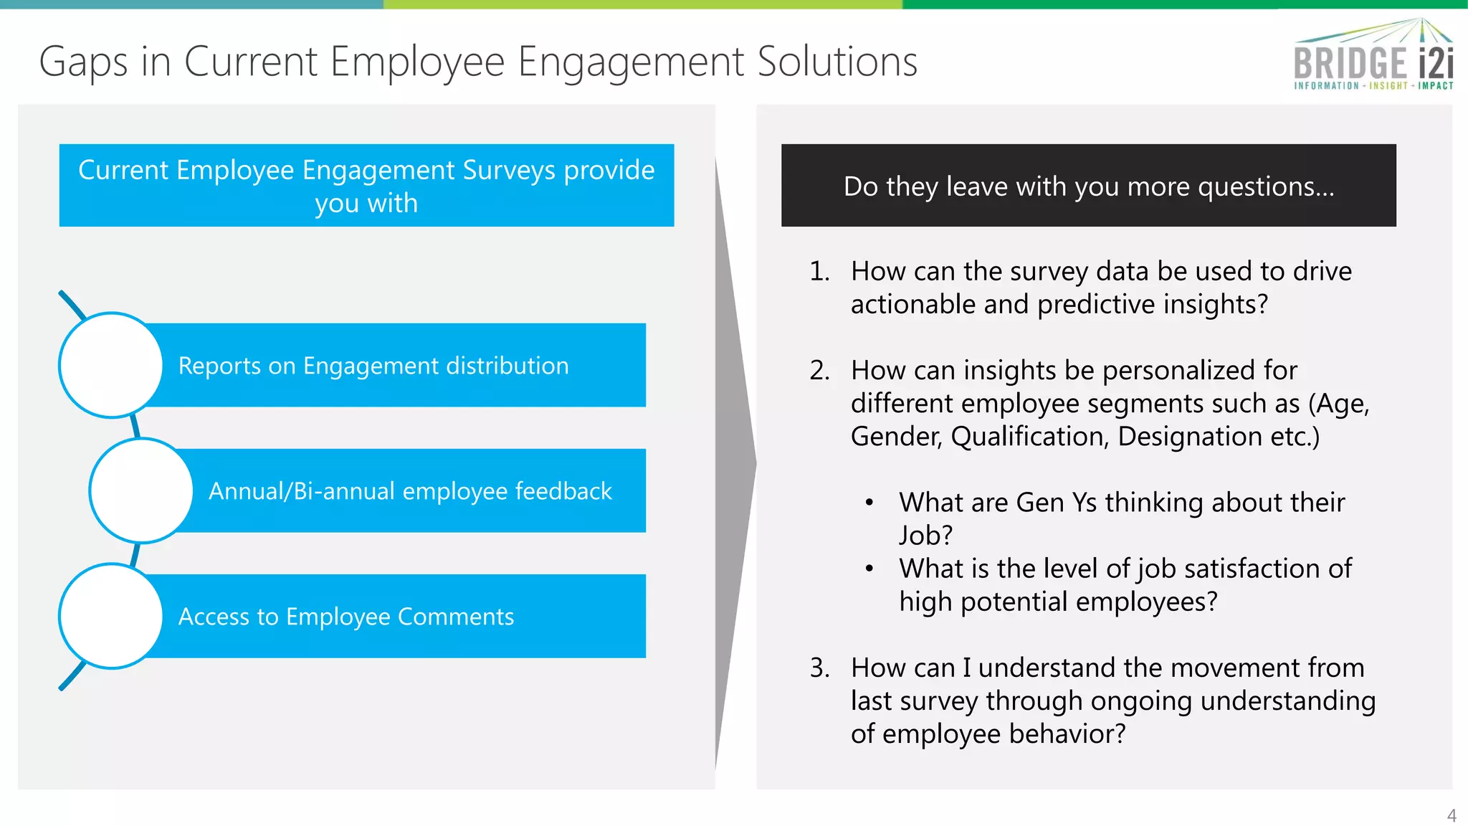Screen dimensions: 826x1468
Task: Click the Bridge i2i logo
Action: (1373, 56)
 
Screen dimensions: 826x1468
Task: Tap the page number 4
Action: (1452, 815)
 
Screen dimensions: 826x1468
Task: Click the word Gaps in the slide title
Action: (83, 62)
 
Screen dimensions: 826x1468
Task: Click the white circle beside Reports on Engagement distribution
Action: (111, 365)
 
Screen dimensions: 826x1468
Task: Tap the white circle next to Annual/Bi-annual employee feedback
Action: (141, 490)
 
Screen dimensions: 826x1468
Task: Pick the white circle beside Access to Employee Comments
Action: (111, 616)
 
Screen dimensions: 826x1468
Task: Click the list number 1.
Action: (819, 272)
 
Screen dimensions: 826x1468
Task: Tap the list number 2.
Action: (819, 371)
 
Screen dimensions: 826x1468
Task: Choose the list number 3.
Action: (819, 668)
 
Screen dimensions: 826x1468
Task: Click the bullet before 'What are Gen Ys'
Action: (869, 503)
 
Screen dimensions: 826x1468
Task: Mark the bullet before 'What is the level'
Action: (869, 569)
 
